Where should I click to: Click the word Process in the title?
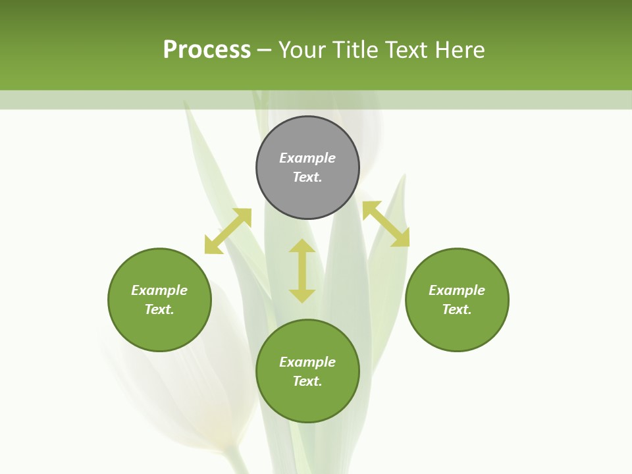tap(207, 50)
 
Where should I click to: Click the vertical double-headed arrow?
tap(302, 271)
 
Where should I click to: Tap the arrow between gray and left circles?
tap(228, 231)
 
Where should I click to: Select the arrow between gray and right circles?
tap(386, 224)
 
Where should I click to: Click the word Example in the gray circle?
tap(307, 158)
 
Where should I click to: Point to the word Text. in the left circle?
tap(159, 309)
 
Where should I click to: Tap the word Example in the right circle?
tap(457, 290)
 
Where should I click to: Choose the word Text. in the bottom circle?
tap(307, 381)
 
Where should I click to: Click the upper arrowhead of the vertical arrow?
tap(302, 246)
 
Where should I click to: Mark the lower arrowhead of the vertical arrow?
tap(302, 296)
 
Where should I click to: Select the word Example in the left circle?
tap(159, 290)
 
